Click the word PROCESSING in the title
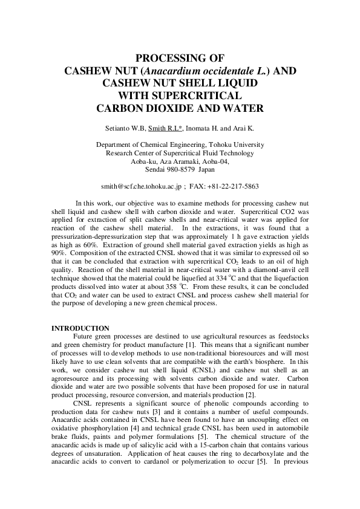coord(180,59)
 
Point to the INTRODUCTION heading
coord(80,328)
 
